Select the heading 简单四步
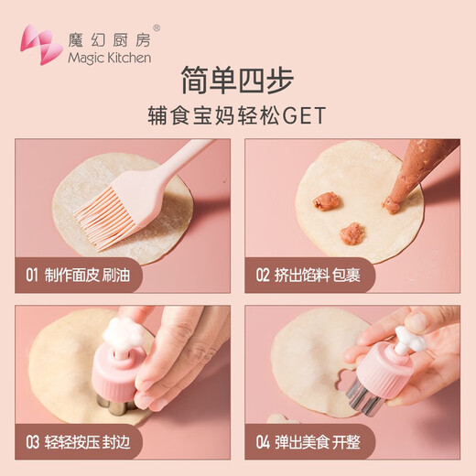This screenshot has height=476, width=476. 238,83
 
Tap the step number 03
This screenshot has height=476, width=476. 31,443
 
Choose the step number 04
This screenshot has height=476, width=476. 263,443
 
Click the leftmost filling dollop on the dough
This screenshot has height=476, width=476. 325,201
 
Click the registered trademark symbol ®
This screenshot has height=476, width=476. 157,27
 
